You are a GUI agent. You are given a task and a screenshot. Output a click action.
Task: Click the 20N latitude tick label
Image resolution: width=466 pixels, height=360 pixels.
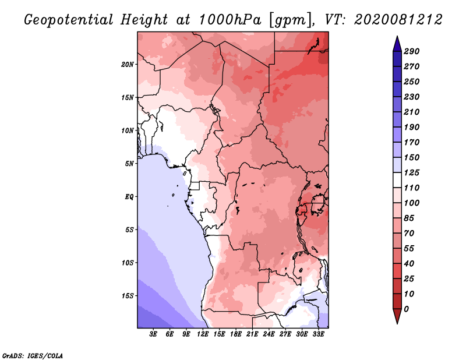pos(128,64)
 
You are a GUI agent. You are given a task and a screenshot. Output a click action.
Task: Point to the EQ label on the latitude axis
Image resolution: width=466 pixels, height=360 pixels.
pos(129,196)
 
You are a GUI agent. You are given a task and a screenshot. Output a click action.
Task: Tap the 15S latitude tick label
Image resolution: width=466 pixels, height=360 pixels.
pos(128,295)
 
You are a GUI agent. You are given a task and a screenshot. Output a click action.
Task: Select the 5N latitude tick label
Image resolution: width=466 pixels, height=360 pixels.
pos(129,163)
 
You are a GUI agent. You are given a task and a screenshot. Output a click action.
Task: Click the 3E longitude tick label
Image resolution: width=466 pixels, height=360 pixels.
pos(154,335)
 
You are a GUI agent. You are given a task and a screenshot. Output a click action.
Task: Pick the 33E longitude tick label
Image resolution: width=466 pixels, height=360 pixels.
pos(318,335)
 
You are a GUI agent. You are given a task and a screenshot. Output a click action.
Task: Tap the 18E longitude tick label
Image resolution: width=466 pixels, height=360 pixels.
pos(236,335)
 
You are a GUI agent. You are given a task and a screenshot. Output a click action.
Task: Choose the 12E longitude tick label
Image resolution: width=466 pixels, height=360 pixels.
pos(203,335)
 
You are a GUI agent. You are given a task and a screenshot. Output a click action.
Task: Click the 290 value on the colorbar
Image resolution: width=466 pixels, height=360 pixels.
pos(411,51)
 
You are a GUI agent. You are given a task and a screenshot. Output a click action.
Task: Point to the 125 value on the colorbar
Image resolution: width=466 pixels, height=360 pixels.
pos(411,172)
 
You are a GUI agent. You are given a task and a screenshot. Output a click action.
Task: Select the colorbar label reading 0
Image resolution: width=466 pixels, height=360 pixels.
pos(406,309)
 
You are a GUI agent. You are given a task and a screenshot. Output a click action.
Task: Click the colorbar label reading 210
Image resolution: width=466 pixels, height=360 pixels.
pos(411,112)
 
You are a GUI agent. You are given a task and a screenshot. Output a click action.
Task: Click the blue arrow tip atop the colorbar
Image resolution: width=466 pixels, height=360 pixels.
pos(396,41)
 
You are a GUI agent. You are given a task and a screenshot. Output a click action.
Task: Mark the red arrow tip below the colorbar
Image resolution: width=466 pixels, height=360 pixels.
pos(396,319)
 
